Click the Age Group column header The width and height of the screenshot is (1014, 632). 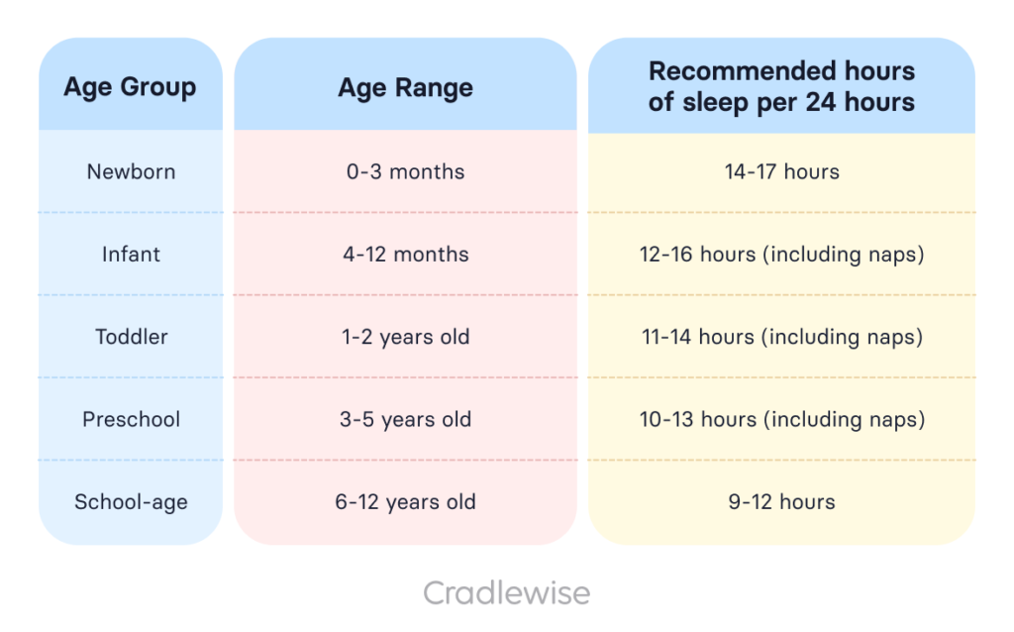[x=130, y=87]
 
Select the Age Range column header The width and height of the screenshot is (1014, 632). [x=405, y=87]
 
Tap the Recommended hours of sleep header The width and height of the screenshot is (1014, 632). [x=781, y=87]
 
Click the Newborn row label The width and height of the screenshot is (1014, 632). [x=131, y=171]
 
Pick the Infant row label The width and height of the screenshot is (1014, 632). [x=131, y=255]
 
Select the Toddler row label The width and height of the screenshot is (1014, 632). [x=131, y=337]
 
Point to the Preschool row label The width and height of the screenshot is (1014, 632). [x=131, y=419]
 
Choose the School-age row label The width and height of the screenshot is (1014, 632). [x=131, y=502]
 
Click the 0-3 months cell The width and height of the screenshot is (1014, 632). [x=405, y=171]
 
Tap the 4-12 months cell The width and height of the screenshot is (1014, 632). [x=405, y=255]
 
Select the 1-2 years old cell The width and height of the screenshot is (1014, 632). [x=405, y=337]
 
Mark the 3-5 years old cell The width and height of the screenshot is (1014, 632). [x=405, y=419]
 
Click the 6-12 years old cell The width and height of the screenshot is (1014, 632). [x=405, y=502]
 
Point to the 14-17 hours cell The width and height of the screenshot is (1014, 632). [x=781, y=171]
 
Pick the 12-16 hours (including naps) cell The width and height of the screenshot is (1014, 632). [x=781, y=255]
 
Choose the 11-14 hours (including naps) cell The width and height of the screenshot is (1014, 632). [x=781, y=337]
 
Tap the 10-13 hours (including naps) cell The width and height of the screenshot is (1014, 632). [x=781, y=419]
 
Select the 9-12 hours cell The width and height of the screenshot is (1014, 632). [x=781, y=502]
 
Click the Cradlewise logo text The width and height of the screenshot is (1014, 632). [x=506, y=593]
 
